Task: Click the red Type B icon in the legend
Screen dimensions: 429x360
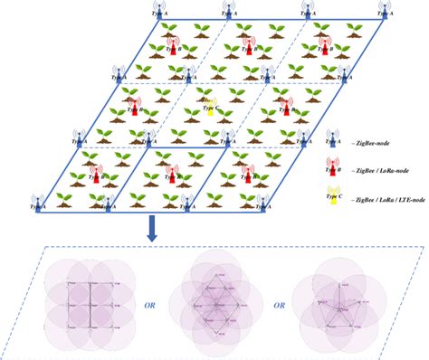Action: click(x=333, y=166)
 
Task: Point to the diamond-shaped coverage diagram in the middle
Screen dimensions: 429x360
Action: click(x=216, y=298)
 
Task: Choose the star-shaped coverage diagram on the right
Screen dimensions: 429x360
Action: click(x=345, y=298)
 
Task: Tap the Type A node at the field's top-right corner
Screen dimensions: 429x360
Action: click(x=385, y=12)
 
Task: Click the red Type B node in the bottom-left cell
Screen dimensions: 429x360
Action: click(x=93, y=163)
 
